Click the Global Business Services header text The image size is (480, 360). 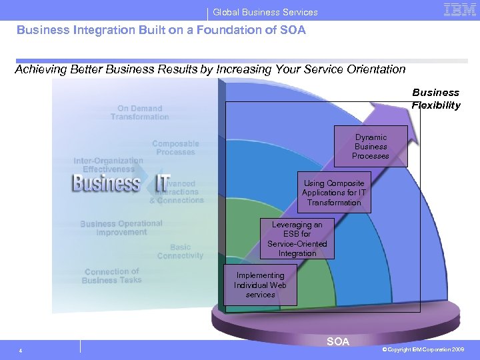point(265,12)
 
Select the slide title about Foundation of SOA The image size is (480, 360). point(161,30)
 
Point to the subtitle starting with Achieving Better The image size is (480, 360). point(210,69)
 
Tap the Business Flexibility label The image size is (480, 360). point(436,99)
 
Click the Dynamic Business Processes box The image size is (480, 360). point(371,147)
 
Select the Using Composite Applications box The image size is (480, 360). point(334,193)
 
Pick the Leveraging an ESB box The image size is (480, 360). point(297,239)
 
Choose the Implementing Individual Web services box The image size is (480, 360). point(260,285)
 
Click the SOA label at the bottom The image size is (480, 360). point(338,342)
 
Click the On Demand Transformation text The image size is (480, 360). point(140,113)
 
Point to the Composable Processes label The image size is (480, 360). point(175,148)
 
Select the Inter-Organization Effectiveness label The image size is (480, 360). point(108,165)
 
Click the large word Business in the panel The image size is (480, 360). point(106,183)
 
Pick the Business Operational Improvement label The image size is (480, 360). point(121,228)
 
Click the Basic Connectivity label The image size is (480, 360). point(180,251)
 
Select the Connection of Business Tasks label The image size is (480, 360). point(112,276)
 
